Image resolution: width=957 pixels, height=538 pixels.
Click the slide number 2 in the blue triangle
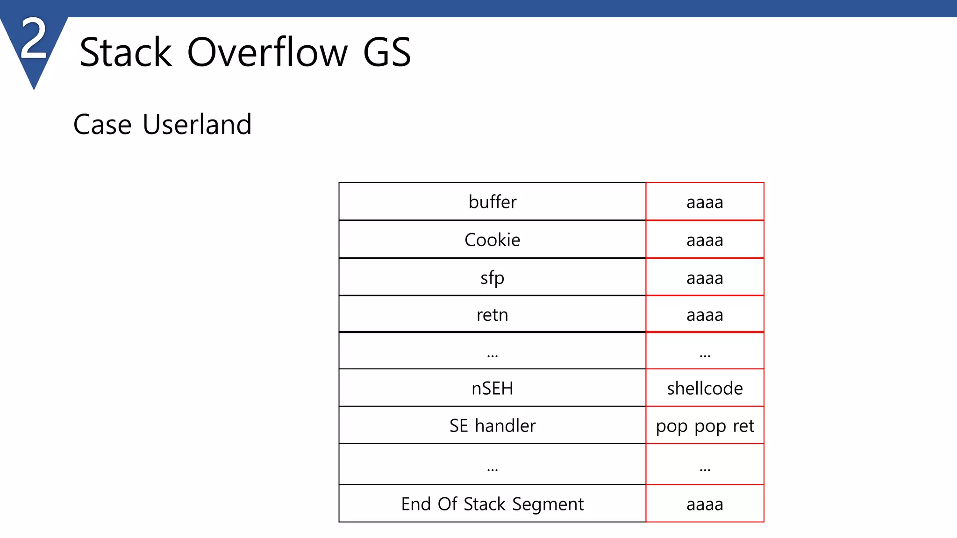click(x=34, y=40)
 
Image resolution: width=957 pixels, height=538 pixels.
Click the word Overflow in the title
click(x=267, y=52)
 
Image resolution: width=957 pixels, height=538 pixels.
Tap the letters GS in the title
click(x=387, y=52)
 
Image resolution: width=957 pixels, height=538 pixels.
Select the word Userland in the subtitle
click(x=197, y=125)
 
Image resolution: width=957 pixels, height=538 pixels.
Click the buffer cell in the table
click(x=492, y=202)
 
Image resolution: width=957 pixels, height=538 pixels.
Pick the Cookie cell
click(x=492, y=240)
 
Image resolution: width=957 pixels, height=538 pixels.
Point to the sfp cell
click(x=492, y=278)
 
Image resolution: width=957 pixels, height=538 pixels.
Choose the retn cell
click(x=492, y=315)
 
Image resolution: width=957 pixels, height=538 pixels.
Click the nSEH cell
click(x=492, y=388)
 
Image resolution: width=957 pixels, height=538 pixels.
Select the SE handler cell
click(x=492, y=425)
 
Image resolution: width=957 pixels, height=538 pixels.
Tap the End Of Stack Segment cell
click(x=492, y=504)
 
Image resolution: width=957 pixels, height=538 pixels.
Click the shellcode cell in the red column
click(x=705, y=388)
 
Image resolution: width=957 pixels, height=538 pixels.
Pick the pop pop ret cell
click(x=705, y=426)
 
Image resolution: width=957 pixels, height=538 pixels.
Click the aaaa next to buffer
click(x=705, y=202)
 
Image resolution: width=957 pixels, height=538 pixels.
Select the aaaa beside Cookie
click(x=705, y=240)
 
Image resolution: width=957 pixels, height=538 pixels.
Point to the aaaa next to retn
click(x=705, y=315)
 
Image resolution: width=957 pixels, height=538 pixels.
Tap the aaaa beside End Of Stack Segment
click(x=705, y=504)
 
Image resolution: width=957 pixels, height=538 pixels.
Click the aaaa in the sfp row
click(x=705, y=278)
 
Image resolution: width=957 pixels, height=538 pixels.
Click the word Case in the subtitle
click(x=102, y=125)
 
